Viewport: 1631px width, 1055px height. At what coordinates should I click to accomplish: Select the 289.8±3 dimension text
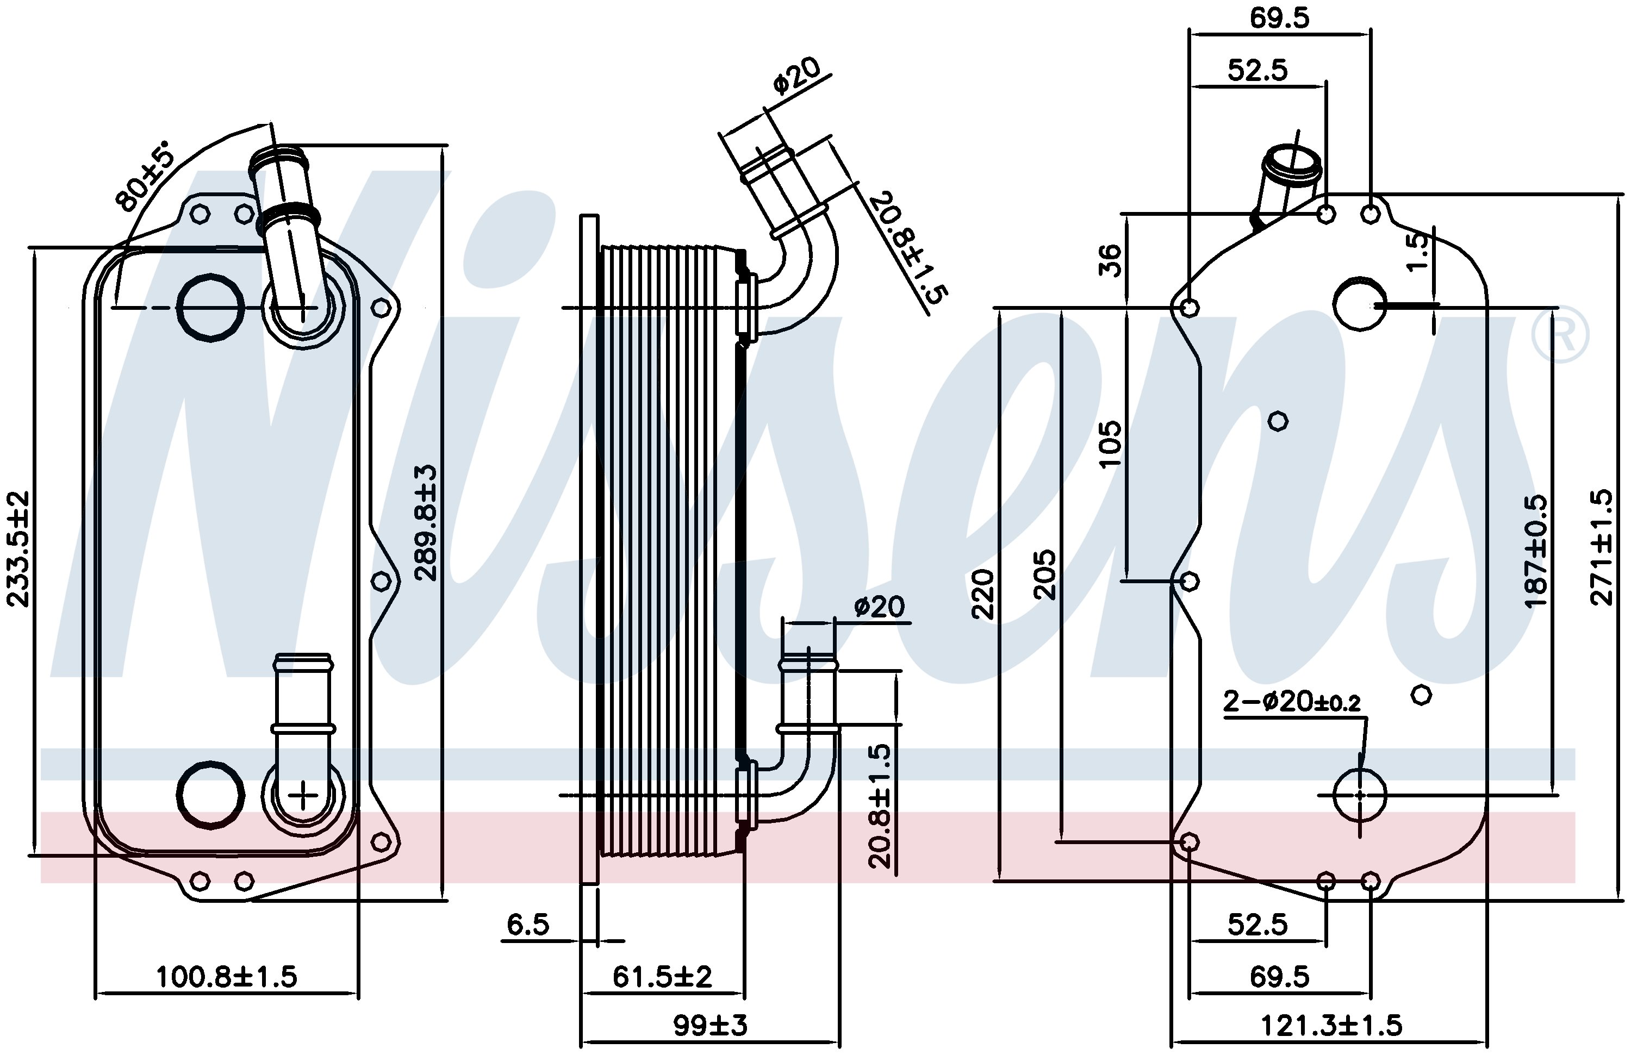coord(426,523)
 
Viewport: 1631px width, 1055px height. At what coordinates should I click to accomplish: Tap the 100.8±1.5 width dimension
coord(227,977)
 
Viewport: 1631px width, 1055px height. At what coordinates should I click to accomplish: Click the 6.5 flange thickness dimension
coord(528,925)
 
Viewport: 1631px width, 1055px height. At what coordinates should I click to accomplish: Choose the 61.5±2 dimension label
coord(662,977)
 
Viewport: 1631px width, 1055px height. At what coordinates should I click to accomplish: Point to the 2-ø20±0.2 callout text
coord(1292,702)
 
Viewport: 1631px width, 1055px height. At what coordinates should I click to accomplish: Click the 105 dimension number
coord(1110,444)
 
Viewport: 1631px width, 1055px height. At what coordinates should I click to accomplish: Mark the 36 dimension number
coord(1110,260)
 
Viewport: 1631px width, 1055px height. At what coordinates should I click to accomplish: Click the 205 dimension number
coord(1044,574)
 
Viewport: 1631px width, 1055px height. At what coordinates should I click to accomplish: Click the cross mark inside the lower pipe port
coord(302,796)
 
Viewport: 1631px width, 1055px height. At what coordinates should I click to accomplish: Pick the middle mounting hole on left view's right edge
coord(381,582)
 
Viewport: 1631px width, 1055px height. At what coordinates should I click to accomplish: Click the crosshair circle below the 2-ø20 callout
coord(1360,795)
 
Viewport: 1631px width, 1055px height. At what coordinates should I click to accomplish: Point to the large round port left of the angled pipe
coord(210,307)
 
